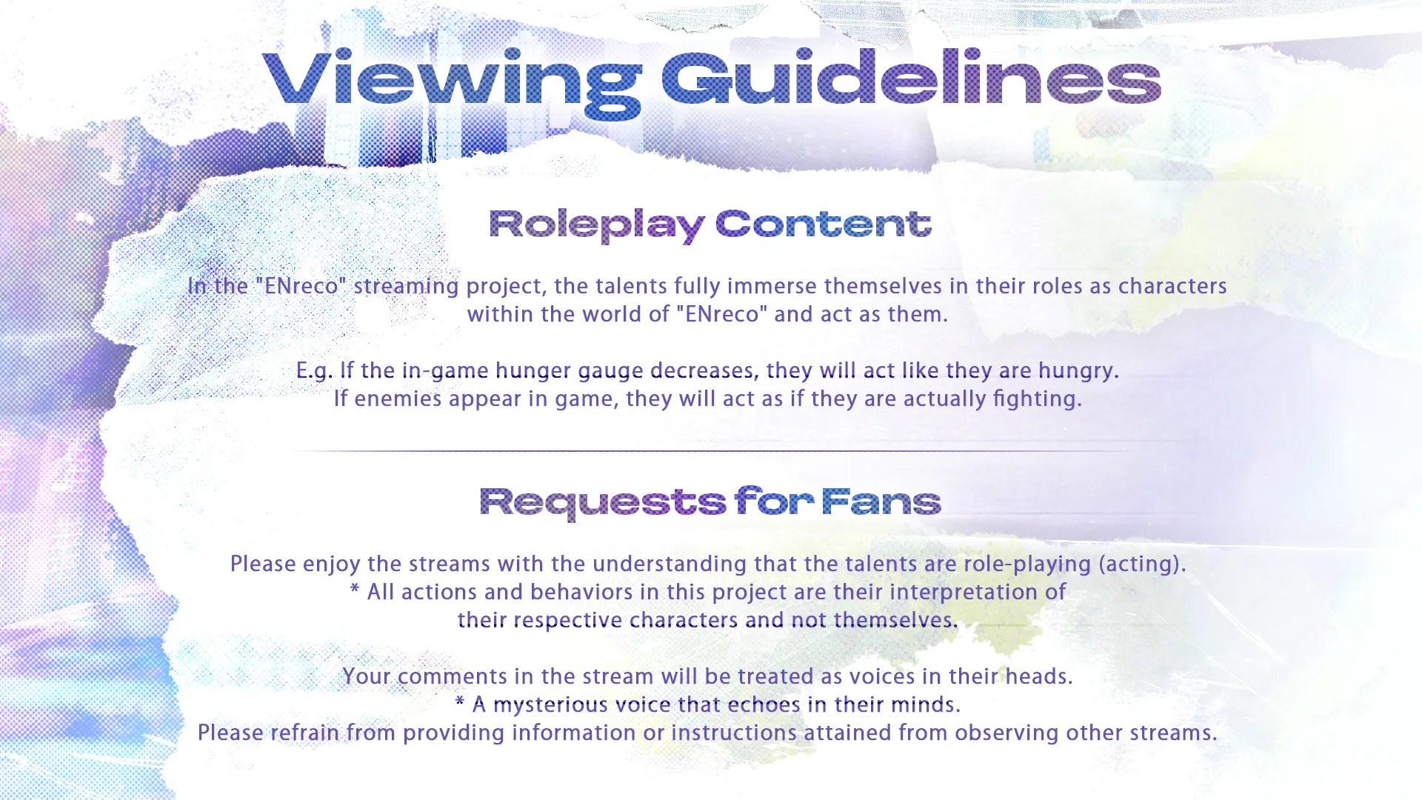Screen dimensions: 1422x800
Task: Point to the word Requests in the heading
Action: point(603,503)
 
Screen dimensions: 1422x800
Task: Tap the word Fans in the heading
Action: point(881,501)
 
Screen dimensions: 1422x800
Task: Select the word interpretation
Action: point(952,593)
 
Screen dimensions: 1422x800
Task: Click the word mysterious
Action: point(551,705)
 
